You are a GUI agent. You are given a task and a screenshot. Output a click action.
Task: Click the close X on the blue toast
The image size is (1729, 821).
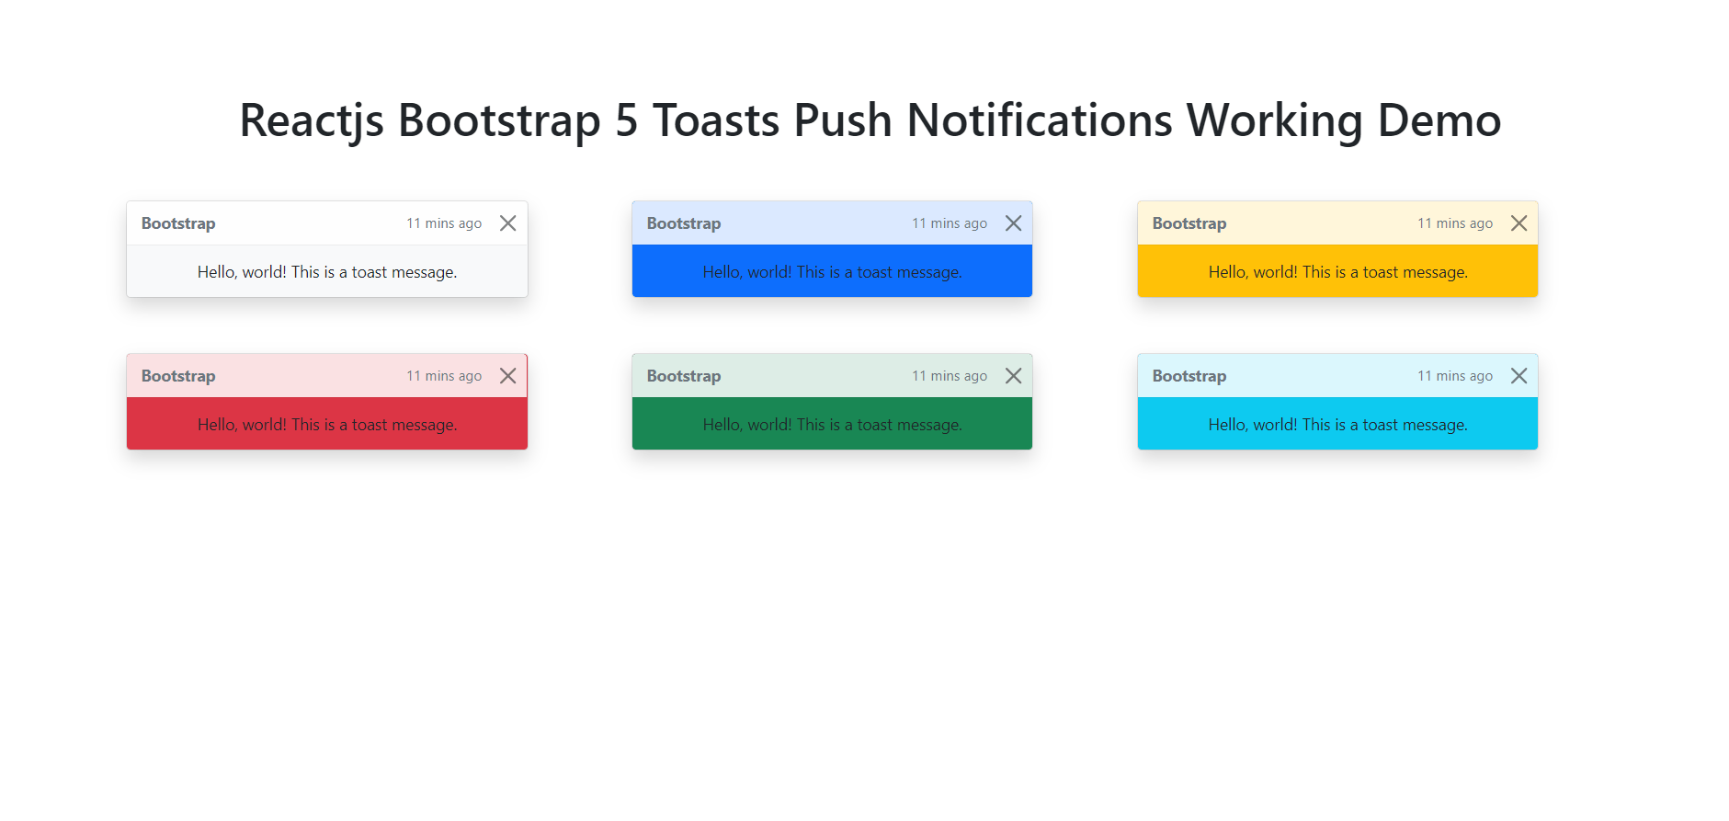pyautogui.click(x=1013, y=223)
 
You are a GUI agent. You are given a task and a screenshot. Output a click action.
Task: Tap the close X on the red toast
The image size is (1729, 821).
pyautogui.click(x=507, y=376)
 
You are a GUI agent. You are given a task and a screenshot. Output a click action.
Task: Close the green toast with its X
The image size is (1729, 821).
pyautogui.click(x=1013, y=376)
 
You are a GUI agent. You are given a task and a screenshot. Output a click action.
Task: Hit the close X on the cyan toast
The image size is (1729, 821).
pyautogui.click(x=1519, y=376)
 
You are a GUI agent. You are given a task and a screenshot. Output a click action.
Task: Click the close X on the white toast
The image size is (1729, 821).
pyautogui.click(x=507, y=223)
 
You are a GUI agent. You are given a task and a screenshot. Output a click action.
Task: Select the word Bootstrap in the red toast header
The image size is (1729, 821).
pyautogui.click(x=178, y=376)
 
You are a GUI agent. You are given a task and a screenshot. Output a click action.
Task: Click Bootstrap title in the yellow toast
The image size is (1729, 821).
pyautogui.click(x=1189, y=223)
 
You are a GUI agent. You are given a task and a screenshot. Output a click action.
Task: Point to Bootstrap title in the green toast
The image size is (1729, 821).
pyautogui.click(x=683, y=376)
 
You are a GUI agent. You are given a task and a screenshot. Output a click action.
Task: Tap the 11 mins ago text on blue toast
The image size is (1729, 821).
pyautogui.click(x=949, y=223)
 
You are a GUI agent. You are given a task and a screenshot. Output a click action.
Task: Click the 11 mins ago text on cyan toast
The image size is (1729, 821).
pyautogui.click(x=1454, y=376)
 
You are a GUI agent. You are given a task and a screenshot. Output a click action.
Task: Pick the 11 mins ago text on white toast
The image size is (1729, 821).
pyautogui.click(x=443, y=223)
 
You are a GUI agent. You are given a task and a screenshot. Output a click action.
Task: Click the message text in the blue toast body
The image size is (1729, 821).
pyautogui.click(x=832, y=272)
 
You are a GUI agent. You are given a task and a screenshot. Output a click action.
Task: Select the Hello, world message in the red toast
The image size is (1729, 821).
pyautogui.click(x=326, y=425)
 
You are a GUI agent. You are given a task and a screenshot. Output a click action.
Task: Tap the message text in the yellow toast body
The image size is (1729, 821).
pyautogui.click(x=1337, y=272)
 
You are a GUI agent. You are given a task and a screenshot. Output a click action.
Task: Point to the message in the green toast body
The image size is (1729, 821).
pyautogui.click(x=832, y=425)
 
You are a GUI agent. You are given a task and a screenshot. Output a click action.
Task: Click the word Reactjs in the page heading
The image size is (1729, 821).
pyautogui.click(x=311, y=121)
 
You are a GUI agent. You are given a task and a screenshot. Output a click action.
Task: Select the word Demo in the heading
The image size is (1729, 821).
pyautogui.click(x=1439, y=121)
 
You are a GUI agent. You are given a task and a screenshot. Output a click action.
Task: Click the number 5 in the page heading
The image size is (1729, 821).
pyautogui.click(x=626, y=121)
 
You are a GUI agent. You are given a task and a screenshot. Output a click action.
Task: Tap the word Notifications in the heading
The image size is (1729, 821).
pyautogui.click(x=1039, y=121)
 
